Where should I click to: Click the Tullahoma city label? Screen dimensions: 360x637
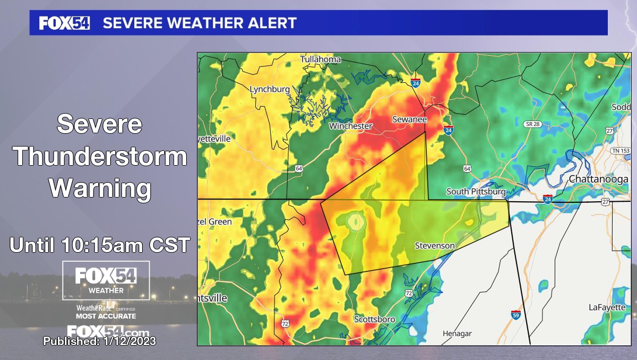(320, 59)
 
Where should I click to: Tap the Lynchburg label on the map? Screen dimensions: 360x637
(270, 89)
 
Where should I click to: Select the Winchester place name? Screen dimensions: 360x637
(350, 126)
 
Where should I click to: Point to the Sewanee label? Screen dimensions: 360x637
(409, 119)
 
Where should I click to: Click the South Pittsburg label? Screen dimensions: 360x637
(476, 191)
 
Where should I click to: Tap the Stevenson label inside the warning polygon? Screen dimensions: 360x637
(434, 246)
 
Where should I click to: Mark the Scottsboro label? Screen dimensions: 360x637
(375, 319)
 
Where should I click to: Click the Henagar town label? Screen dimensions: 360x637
(457, 333)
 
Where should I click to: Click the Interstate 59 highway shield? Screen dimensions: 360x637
(515, 314)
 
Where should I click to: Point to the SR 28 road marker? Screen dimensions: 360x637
(532, 124)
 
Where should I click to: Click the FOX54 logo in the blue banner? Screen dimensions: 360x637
(64, 23)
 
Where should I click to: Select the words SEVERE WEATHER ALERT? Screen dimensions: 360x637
(199, 23)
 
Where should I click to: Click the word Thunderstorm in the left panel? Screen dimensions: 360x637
(100, 157)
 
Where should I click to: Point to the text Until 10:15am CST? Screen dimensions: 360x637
(100, 245)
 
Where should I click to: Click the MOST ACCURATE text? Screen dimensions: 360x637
(106, 316)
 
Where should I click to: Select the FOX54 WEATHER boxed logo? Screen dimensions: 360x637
(106, 280)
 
